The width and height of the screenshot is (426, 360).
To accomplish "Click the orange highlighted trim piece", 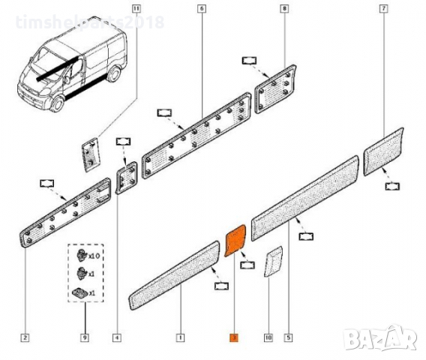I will pos(236,240).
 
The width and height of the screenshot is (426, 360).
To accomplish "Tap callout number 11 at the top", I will pos(135,8).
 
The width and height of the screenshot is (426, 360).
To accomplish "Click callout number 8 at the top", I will pos(283,8).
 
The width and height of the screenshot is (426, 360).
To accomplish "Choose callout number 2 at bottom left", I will pos(25,337).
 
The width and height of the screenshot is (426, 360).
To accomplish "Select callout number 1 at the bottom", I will pos(180,337).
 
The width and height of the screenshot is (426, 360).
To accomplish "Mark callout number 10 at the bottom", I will pos(267,337).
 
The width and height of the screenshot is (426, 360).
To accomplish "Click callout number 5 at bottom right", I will pos(289,337).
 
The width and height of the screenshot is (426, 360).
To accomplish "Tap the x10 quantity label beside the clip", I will pos(94,256).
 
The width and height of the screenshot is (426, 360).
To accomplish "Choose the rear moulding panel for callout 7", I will pos(384,151).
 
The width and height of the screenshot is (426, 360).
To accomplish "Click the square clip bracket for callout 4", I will pos(125,178).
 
